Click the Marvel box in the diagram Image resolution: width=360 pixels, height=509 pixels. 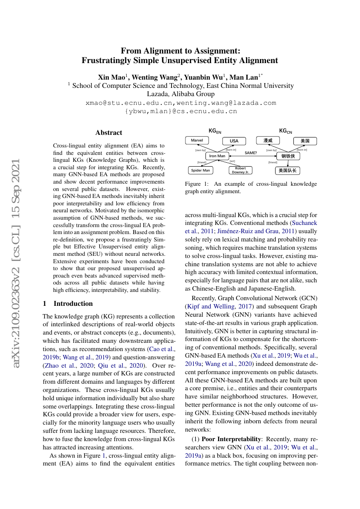tap(197, 140)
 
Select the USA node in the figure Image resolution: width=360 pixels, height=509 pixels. tap(234, 141)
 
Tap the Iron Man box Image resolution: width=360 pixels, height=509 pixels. tap(217, 156)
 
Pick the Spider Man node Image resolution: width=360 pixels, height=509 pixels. tap(200, 170)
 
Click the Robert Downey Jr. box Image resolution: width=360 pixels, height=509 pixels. tap(240, 170)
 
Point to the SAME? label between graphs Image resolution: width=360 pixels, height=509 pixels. tap(251, 153)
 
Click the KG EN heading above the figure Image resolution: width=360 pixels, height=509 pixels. tap(215, 131)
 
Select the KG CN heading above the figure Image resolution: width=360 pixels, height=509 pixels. tap(286, 131)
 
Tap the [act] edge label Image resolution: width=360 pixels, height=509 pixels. tap(232, 161)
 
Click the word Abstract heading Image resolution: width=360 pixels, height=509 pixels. tap(109, 133)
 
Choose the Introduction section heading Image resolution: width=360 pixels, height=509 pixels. tap(73, 304)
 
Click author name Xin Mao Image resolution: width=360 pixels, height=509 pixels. tap(111, 77)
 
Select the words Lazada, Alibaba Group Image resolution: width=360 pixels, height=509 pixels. tap(180, 94)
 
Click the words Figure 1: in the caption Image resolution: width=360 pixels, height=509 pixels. tap(197, 184)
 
